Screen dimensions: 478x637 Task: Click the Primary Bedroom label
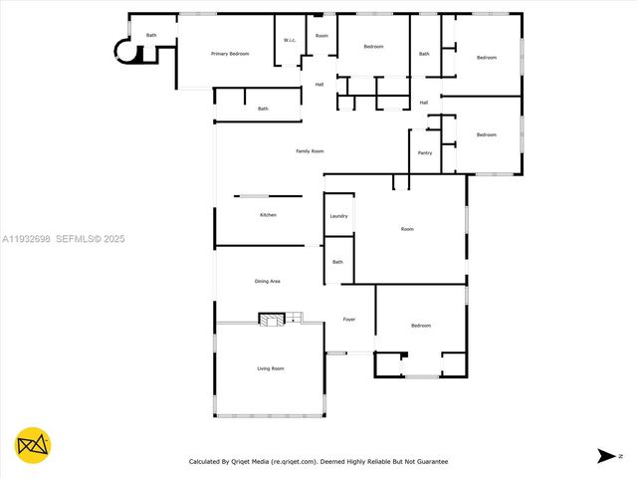pyautogui.click(x=230, y=54)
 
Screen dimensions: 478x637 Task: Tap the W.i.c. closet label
pyautogui.click(x=289, y=41)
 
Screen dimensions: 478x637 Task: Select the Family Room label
pyautogui.click(x=310, y=151)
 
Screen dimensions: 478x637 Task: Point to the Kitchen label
pyautogui.click(x=268, y=215)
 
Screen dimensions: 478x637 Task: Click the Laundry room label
pyautogui.click(x=338, y=216)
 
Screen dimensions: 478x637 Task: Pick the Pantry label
pyautogui.click(x=425, y=153)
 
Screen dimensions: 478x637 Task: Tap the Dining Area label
pyautogui.click(x=267, y=282)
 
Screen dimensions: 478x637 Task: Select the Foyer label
pyautogui.click(x=349, y=320)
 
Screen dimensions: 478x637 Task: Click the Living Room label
pyautogui.click(x=271, y=369)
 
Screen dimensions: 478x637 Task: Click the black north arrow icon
pyautogui.click(x=606, y=456)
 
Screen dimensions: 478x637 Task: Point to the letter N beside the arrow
pyautogui.click(x=620, y=456)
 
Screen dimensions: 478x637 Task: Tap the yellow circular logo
pyautogui.click(x=33, y=444)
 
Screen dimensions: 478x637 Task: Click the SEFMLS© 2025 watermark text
pyautogui.click(x=90, y=239)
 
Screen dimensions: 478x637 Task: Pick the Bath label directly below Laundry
pyautogui.click(x=337, y=262)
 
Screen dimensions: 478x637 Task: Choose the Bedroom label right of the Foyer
pyautogui.click(x=421, y=326)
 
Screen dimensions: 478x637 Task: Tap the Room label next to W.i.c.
pyautogui.click(x=321, y=36)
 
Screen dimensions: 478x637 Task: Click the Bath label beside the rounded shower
pyautogui.click(x=151, y=36)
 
